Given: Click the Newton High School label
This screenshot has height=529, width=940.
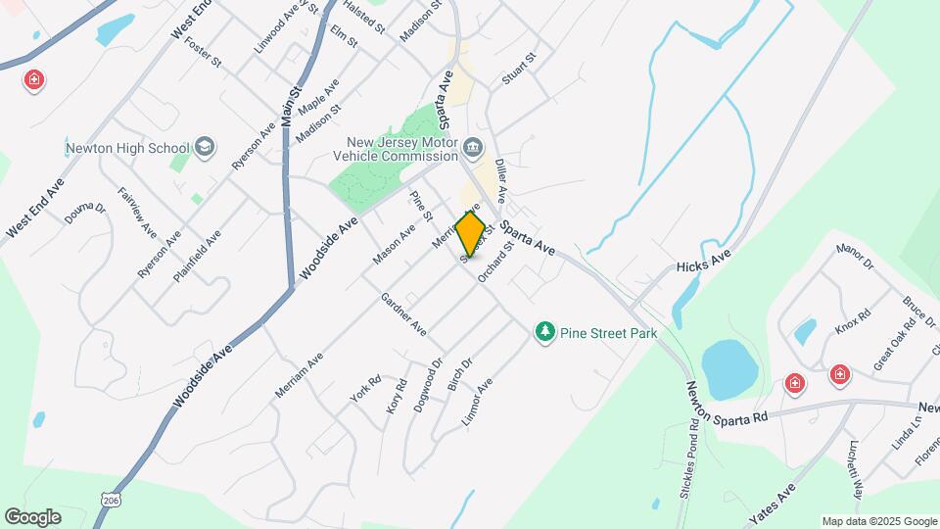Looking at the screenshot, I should [126, 149].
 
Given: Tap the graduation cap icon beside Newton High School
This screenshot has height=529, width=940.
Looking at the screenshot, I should [205, 148].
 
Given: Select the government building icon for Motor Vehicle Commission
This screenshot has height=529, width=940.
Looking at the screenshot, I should [473, 148].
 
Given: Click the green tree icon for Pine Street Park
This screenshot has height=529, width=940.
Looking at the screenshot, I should [544, 333].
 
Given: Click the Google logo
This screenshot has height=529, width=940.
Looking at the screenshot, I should [33, 517].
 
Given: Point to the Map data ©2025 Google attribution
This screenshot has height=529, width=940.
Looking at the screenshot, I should [878, 521].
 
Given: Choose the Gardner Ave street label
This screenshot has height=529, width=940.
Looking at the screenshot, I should [403, 314].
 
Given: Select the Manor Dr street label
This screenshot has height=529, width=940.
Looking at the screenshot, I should [854, 257].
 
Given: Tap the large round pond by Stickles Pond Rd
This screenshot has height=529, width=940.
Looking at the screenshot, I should [729, 368].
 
